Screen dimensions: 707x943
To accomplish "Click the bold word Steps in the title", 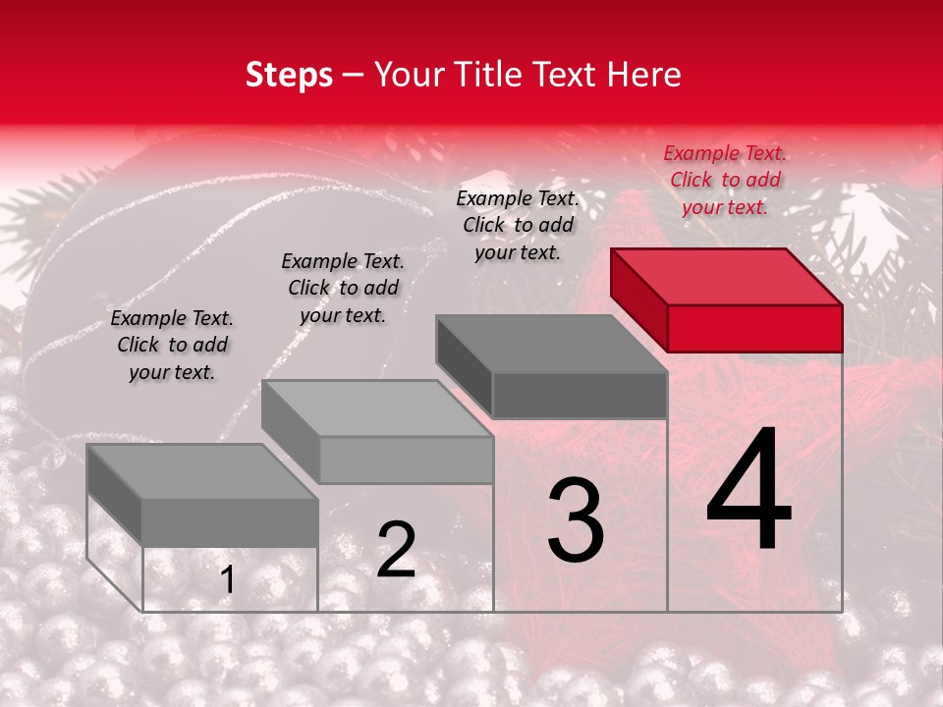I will tap(289, 76).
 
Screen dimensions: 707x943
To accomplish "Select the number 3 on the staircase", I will tap(576, 520).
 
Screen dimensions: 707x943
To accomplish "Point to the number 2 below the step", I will tap(396, 550).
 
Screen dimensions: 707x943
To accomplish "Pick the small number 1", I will tap(227, 580).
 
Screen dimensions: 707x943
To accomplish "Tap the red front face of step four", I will tap(754, 328).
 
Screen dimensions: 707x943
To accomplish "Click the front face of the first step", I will tap(230, 522).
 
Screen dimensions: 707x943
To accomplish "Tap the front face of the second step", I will tap(406, 460).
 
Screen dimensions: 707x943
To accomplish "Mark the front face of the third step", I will tap(580, 395).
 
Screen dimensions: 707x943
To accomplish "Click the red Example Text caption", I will tap(725, 180).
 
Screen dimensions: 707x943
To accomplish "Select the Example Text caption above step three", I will tap(519, 225).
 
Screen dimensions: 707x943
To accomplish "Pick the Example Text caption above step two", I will tap(343, 288).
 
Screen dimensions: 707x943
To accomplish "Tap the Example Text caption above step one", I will tap(172, 345).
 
